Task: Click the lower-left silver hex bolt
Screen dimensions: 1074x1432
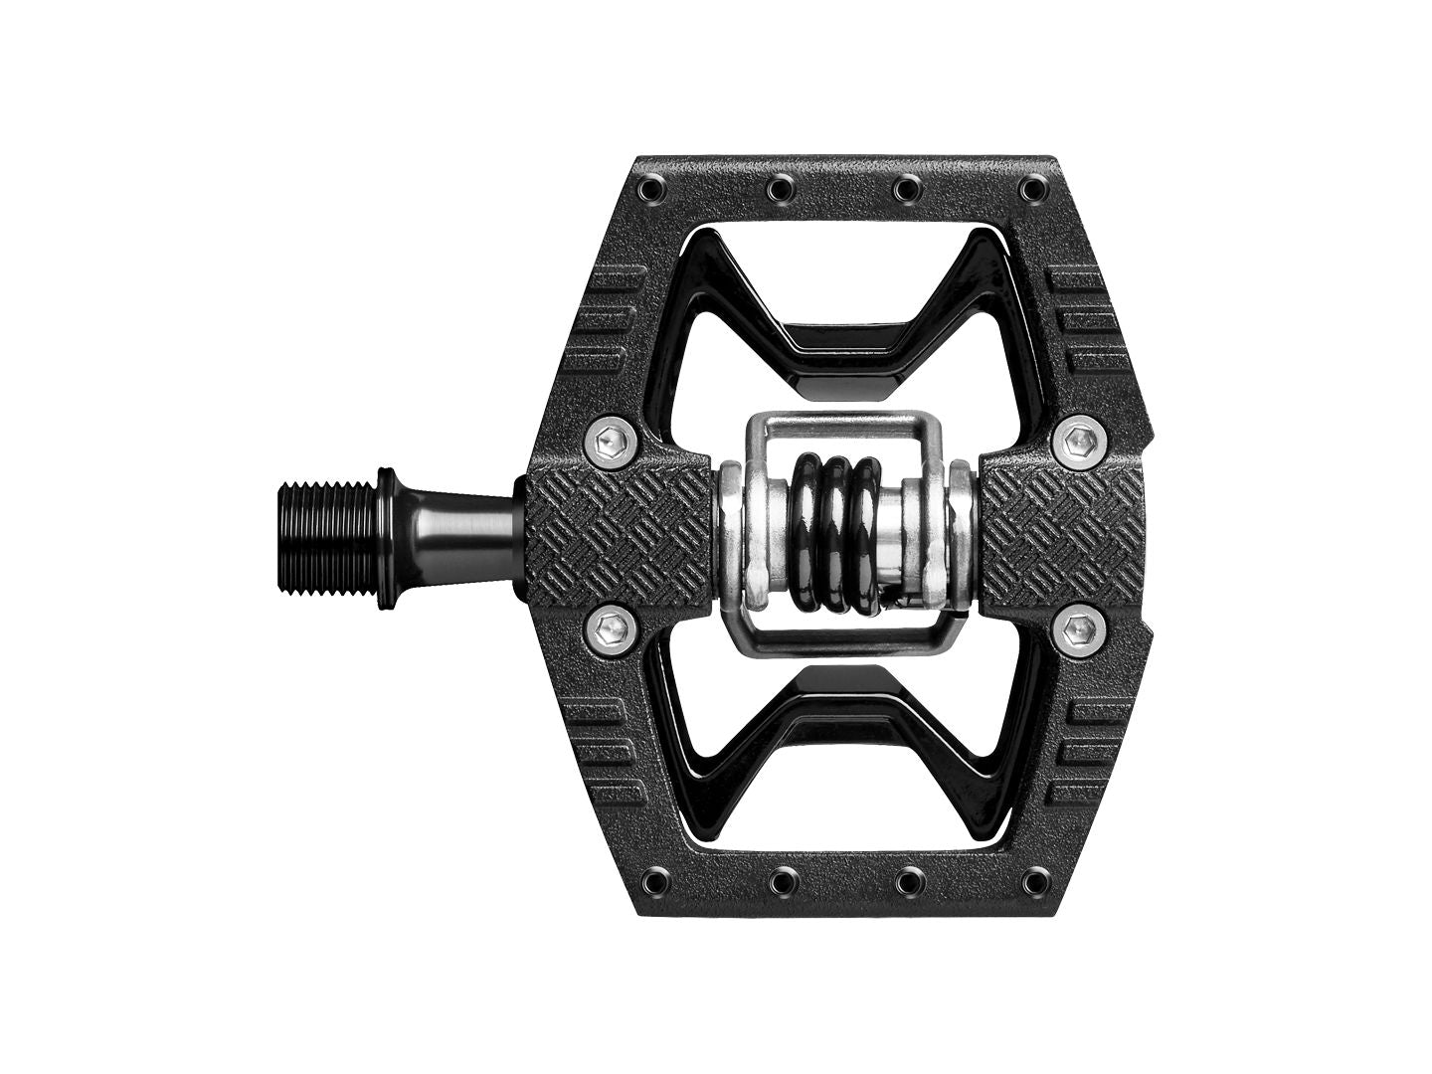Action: pyautogui.click(x=609, y=627)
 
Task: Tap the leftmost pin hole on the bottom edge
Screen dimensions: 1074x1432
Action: pyautogui.click(x=656, y=878)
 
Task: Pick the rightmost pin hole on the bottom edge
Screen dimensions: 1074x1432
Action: pyautogui.click(x=1034, y=878)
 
